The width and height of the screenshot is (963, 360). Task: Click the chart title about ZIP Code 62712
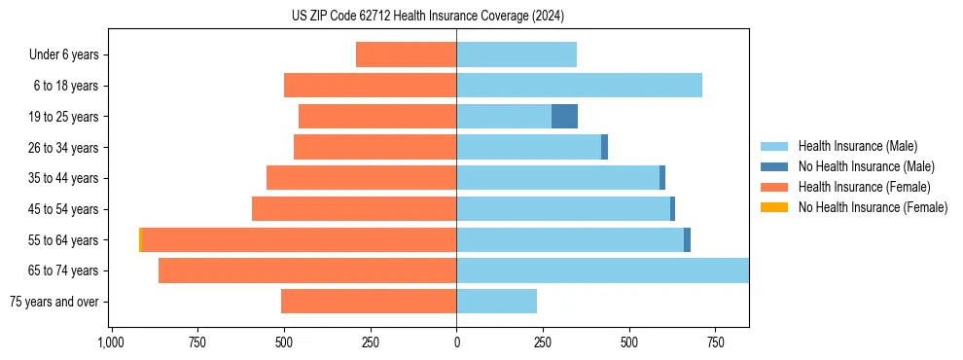click(454, 17)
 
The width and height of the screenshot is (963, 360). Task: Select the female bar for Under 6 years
click(406, 54)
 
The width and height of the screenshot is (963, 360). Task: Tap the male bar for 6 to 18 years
click(579, 86)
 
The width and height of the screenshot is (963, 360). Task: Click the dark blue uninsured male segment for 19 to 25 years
click(564, 117)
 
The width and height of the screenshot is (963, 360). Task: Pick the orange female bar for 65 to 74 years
click(307, 270)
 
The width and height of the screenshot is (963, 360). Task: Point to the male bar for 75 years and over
click(496, 302)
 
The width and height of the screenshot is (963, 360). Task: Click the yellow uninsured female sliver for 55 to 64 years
click(140, 240)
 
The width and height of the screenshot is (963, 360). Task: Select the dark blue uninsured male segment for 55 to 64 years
click(687, 240)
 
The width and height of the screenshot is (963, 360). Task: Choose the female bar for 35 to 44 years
click(361, 178)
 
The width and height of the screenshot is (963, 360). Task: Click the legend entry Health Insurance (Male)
click(857, 146)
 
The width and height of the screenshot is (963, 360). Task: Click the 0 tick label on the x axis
click(456, 343)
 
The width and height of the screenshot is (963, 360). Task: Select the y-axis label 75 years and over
click(54, 302)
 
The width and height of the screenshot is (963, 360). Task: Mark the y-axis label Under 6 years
click(64, 55)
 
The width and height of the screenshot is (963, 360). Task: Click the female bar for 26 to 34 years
click(374, 147)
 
